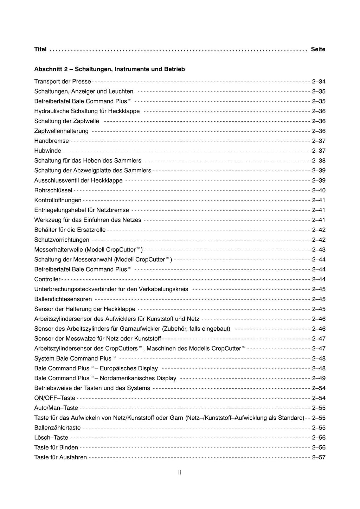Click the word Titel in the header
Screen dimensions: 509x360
[x=40, y=49]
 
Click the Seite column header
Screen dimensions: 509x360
[x=318, y=49]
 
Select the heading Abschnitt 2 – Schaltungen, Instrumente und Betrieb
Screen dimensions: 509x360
[x=109, y=69]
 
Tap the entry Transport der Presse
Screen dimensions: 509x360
[x=63, y=82]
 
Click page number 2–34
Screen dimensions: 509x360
[x=319, y=82]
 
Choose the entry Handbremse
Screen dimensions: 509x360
[x=51, y=141]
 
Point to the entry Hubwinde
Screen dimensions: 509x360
[x=47, y=151]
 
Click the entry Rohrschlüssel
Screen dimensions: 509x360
[x=53, y=190]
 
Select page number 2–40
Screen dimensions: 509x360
[x=319, y=190]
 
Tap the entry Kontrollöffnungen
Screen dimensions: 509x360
[x=58, y=200]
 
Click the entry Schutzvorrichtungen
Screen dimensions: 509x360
[x=62, y=240]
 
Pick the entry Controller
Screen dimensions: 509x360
[x=47, y=279]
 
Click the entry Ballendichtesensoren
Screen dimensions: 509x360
[x=63, y=299]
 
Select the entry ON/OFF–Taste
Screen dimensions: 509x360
[x=54, y=398]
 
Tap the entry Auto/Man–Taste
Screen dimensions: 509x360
[x=56, y=408]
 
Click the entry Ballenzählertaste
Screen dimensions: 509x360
[x=57, y=428]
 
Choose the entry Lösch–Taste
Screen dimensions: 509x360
[x=51, y=438]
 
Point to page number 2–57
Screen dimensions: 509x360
[x=319, y=457]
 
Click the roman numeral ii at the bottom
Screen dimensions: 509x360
[x=180, y=472]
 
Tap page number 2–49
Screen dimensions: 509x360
[x=319, y=378]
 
